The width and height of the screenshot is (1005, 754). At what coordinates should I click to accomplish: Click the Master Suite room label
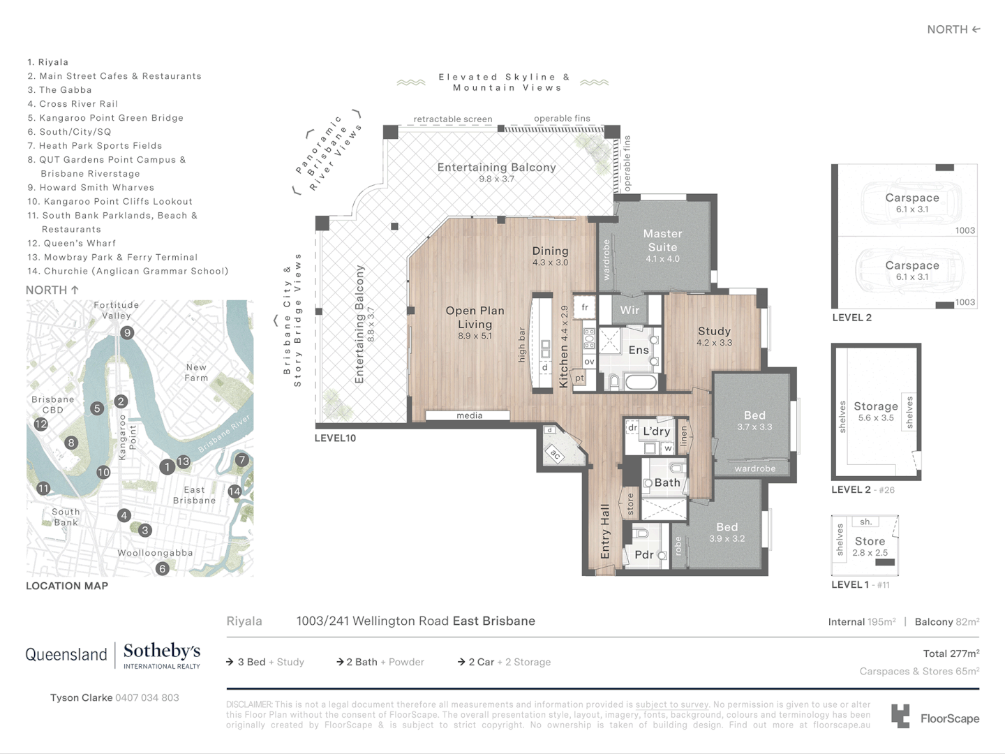coord(662,241)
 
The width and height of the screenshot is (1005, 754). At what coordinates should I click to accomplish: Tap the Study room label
coord(714,332)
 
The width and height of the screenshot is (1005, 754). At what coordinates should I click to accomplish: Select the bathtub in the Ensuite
coord(640,382)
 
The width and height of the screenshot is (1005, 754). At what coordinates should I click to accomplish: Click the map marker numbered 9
coord(127,333)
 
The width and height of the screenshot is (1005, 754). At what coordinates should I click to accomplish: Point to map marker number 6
coord(162,568)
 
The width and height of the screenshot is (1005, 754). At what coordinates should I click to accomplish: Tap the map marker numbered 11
coord(43,489)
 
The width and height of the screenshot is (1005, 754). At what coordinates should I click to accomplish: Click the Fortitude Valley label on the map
coord(116,310)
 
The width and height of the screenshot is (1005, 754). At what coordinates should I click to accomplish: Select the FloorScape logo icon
coord(901,716)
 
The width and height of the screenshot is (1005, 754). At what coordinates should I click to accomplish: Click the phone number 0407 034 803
coord(147,697)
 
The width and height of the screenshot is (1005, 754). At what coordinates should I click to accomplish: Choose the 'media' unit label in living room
coord(469,415)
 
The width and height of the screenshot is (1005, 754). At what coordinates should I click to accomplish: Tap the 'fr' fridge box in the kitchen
coord(585,307)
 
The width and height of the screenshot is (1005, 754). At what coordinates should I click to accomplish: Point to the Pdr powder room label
coord(643,554)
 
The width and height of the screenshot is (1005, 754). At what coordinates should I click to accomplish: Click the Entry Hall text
coord(605,531)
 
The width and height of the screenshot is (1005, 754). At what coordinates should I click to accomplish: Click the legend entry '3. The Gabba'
coord(59,90)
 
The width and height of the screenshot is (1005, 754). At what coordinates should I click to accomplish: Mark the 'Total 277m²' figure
coord(951,653)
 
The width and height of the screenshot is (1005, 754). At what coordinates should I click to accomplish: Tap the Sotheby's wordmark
coord(161,651)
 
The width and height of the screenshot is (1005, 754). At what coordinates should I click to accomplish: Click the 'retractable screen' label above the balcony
coord(452,119)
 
